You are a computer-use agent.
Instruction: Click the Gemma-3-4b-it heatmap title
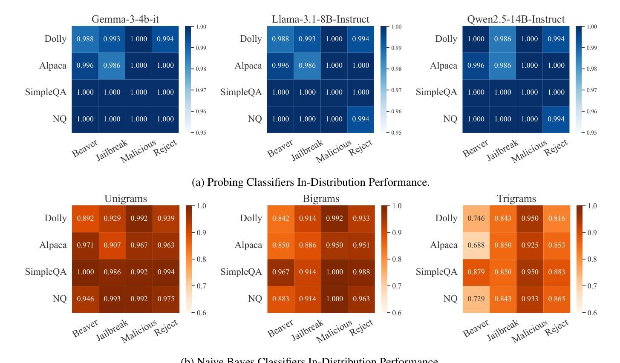(125, 19)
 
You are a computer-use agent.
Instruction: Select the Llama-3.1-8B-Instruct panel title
(320, 19)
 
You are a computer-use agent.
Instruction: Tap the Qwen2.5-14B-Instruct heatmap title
(516, 19)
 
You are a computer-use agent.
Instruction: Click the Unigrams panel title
(126, 199)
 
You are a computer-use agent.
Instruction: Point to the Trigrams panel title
(516, 199)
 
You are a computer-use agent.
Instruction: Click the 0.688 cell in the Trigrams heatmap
(476, 245)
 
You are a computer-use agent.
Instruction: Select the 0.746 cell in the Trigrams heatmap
(476, 218)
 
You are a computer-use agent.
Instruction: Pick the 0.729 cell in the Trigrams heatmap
(476, 299)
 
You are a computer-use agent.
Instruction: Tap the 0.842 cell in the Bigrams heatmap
(280, 218)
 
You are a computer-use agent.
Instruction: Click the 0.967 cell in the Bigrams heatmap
(280, 272)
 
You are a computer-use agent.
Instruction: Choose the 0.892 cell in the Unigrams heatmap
(85, 218)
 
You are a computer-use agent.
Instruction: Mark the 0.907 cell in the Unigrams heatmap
(112, 245)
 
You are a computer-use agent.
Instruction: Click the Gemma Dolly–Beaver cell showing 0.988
(85, 39)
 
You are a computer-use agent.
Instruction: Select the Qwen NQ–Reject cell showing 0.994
(556, 119)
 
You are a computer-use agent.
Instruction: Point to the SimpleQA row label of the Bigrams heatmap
(241, 272)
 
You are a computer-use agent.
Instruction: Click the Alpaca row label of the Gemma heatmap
(53, 66)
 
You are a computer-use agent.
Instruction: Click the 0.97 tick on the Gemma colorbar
(201, 90)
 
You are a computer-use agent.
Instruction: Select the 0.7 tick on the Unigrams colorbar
(201, 286)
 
